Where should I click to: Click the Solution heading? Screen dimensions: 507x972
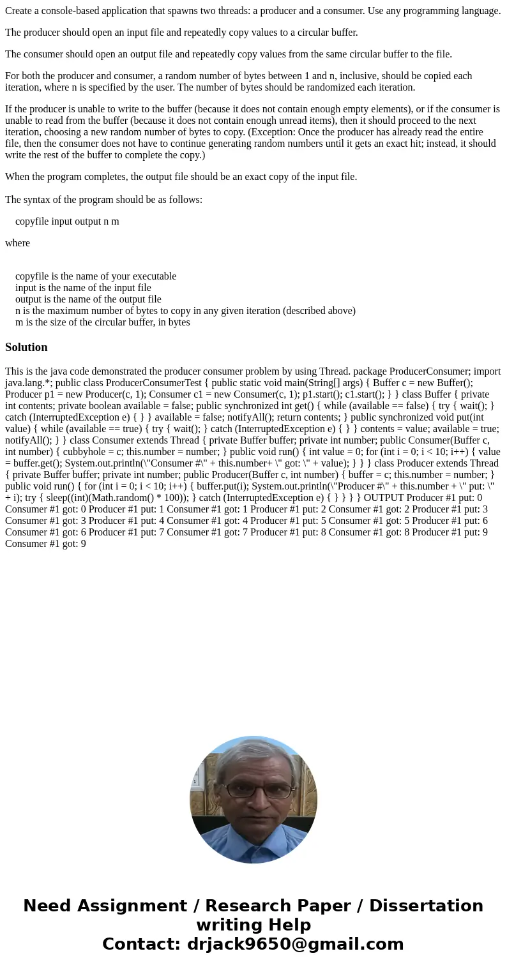(x=26, y=347)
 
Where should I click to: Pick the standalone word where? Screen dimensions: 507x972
(x=17, y=243)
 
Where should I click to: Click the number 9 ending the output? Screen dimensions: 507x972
(x=83, y=544)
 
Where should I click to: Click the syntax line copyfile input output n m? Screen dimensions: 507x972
(x=67, y=221)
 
